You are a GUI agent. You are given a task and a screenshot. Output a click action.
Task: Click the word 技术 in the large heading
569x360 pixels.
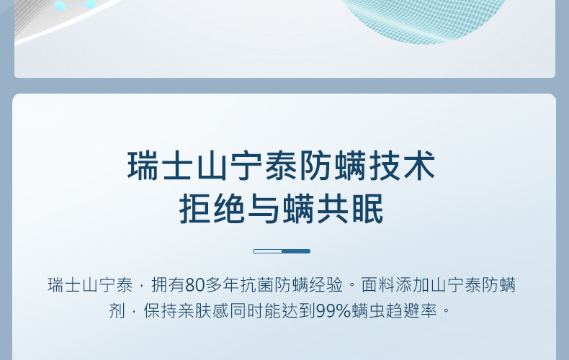tap(402, 166)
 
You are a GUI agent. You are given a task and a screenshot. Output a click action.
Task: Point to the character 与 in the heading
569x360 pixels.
tap(264, 209)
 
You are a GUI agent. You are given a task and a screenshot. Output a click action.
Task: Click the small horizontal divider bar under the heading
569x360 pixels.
tap(282, 251)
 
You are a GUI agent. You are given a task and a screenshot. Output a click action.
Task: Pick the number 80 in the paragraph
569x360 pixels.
tap(194, 285)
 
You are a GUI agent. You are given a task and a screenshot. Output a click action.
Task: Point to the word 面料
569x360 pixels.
tap(378, 285)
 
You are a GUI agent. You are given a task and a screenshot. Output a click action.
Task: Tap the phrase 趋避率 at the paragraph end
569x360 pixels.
tap(411, 311)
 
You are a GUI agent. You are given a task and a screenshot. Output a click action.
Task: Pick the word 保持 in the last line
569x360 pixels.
tap(160, 311)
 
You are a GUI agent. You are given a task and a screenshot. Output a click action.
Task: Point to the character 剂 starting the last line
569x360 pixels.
tap(117, 311)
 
